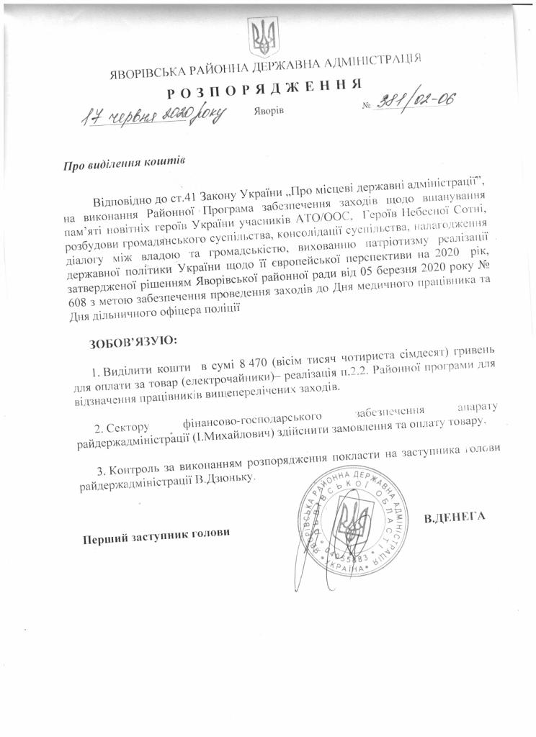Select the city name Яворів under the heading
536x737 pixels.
[269, 112]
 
